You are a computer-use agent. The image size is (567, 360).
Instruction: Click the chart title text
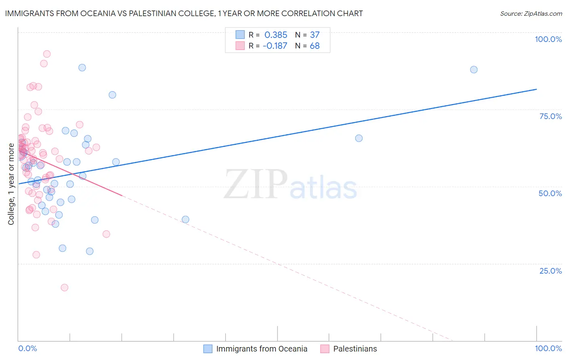(x=184, y=13)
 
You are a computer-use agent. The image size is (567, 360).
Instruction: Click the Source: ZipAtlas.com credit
(x=531, y=13)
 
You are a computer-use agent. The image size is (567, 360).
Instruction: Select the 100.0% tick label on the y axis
(x=548, y=39)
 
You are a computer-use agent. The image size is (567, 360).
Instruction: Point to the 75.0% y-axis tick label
(x=550, y=116)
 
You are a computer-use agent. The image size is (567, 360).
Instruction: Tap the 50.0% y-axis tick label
(x=550, y=193)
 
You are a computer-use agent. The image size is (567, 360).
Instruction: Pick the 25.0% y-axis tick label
(x=550, y=270)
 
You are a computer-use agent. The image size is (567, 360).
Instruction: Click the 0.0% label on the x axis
(x=27, y=348)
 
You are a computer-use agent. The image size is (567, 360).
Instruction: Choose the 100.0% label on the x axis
(x=548, y=348)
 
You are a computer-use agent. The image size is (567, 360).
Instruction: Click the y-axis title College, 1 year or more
(x=11, y=184)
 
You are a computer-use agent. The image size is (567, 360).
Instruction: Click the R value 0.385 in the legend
(x=276, y=35)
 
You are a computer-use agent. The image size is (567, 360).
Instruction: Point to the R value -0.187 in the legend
(x=275, y=46)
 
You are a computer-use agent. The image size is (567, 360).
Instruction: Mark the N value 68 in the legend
(x=315, y=46)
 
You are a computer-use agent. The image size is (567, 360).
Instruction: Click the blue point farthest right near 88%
(x=473, y=69)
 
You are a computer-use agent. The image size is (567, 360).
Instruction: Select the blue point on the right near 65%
(x=359, y=138)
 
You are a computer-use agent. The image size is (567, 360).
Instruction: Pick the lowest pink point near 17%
(x=65, y=287)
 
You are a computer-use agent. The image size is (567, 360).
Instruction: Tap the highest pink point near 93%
(x=47, y=54)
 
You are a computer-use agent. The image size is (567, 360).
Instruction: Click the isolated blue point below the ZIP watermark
(x=186, y=220)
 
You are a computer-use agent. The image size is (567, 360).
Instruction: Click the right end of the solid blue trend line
(x=536, y=89)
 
